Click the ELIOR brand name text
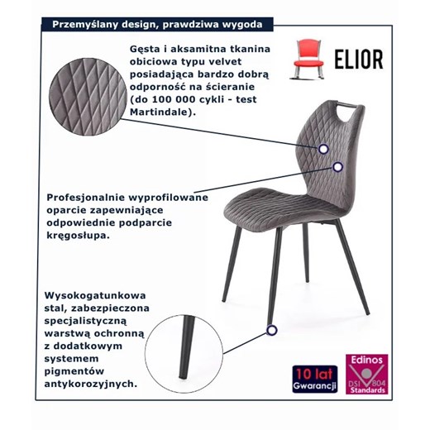pyautogui.click(x=359, y=59)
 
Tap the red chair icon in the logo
pyautogui.click(x=308, y=60)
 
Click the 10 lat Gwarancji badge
pyautogui.click(x=315, y=379)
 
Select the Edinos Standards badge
pyautogui.click(x=367, y=374)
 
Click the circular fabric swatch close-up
pyautogui.click(x=88, y=97)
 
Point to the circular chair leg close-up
pyautogui.click(x=184, y=354)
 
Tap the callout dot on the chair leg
pyautogui.click(x=272, y=330)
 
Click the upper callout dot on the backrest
pyautogui.click(x=323, y=149)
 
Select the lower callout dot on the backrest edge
pyautogui.click(x=337, y=167)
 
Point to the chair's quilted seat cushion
pyautogui.click(x=284, y=209)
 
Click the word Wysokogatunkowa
pyautogui.click(x=95, y=295)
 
